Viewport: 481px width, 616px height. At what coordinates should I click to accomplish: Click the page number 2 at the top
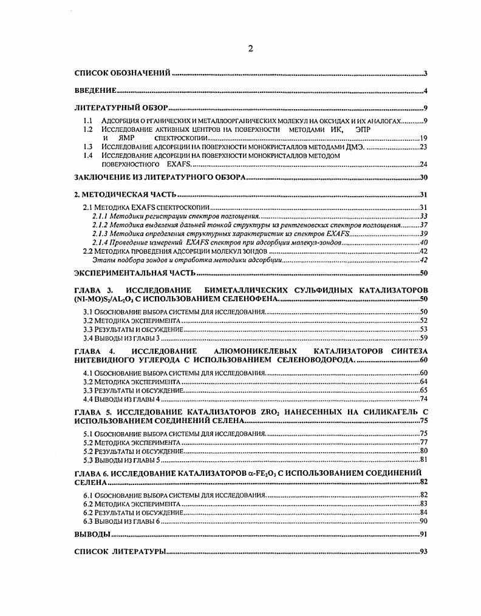click(250, 49)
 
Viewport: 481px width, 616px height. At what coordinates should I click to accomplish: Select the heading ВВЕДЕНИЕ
click(95, 91)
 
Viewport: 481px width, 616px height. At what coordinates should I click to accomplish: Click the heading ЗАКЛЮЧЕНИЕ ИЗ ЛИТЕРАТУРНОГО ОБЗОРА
click(160, 177)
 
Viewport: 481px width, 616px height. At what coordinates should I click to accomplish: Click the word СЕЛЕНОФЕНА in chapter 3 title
click(255, 299)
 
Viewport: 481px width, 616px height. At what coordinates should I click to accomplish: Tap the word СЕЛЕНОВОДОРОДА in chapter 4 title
click(310, 360)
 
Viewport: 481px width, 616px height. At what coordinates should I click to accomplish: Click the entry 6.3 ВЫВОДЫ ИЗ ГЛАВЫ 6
click(121, 521)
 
